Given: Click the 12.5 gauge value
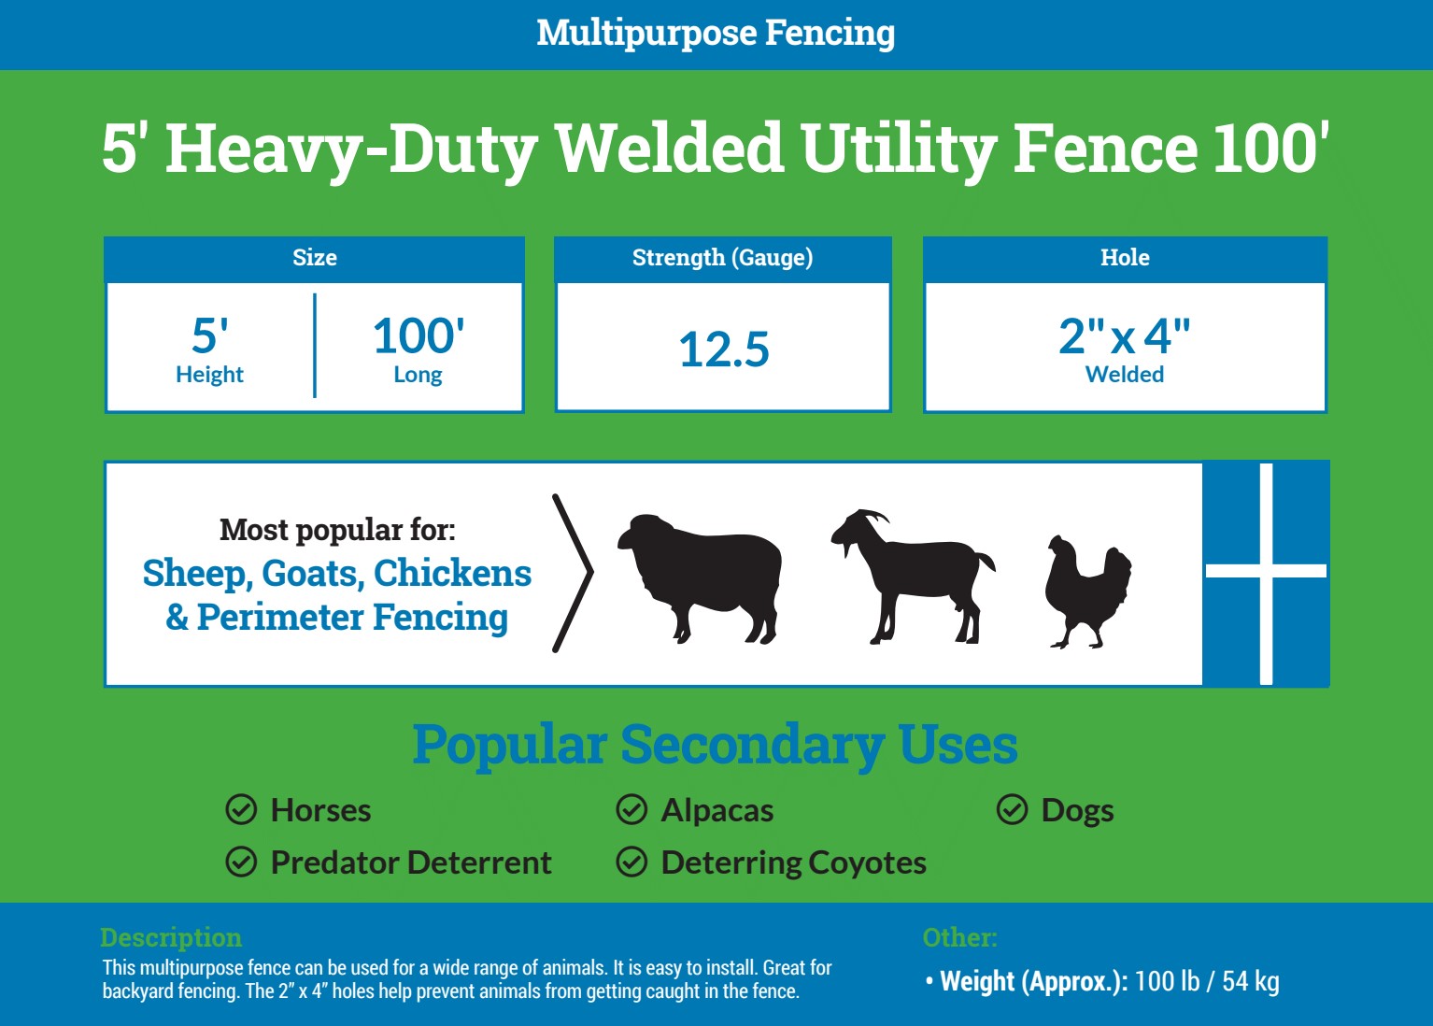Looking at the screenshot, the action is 724,349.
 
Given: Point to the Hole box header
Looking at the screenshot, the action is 1125,257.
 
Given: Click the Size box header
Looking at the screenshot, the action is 314,257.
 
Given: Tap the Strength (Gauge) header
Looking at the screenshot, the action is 722,257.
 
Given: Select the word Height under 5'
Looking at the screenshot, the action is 210,375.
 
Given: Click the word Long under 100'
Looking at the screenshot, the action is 418,375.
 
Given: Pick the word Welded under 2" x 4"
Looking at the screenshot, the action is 1125,375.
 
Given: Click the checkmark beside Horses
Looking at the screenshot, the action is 241,809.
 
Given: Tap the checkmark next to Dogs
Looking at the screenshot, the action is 1012,809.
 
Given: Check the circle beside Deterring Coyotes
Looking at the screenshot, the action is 631,862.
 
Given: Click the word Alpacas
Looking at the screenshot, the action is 717,811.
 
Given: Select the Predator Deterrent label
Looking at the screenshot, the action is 411,862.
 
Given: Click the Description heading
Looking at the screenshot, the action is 172,937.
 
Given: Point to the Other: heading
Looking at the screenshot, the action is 959,937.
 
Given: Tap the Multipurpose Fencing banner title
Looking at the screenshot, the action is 716,33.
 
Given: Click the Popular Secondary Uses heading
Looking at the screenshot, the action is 715,745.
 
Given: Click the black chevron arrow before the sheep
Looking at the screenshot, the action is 574,573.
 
